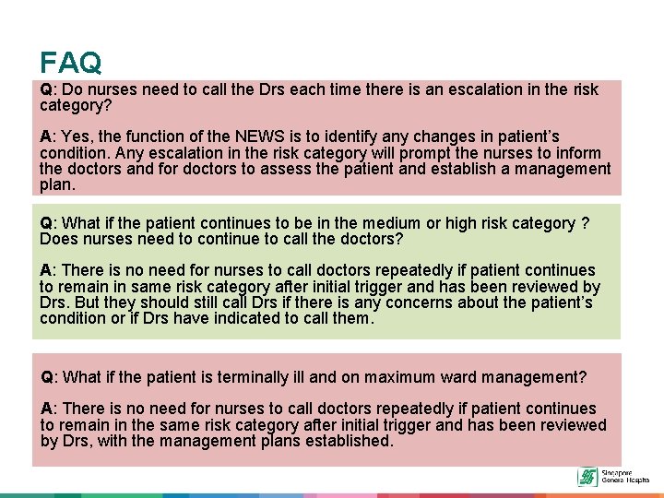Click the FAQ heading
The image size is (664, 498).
coord(71,62)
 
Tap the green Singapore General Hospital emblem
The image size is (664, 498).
coord(587,477)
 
